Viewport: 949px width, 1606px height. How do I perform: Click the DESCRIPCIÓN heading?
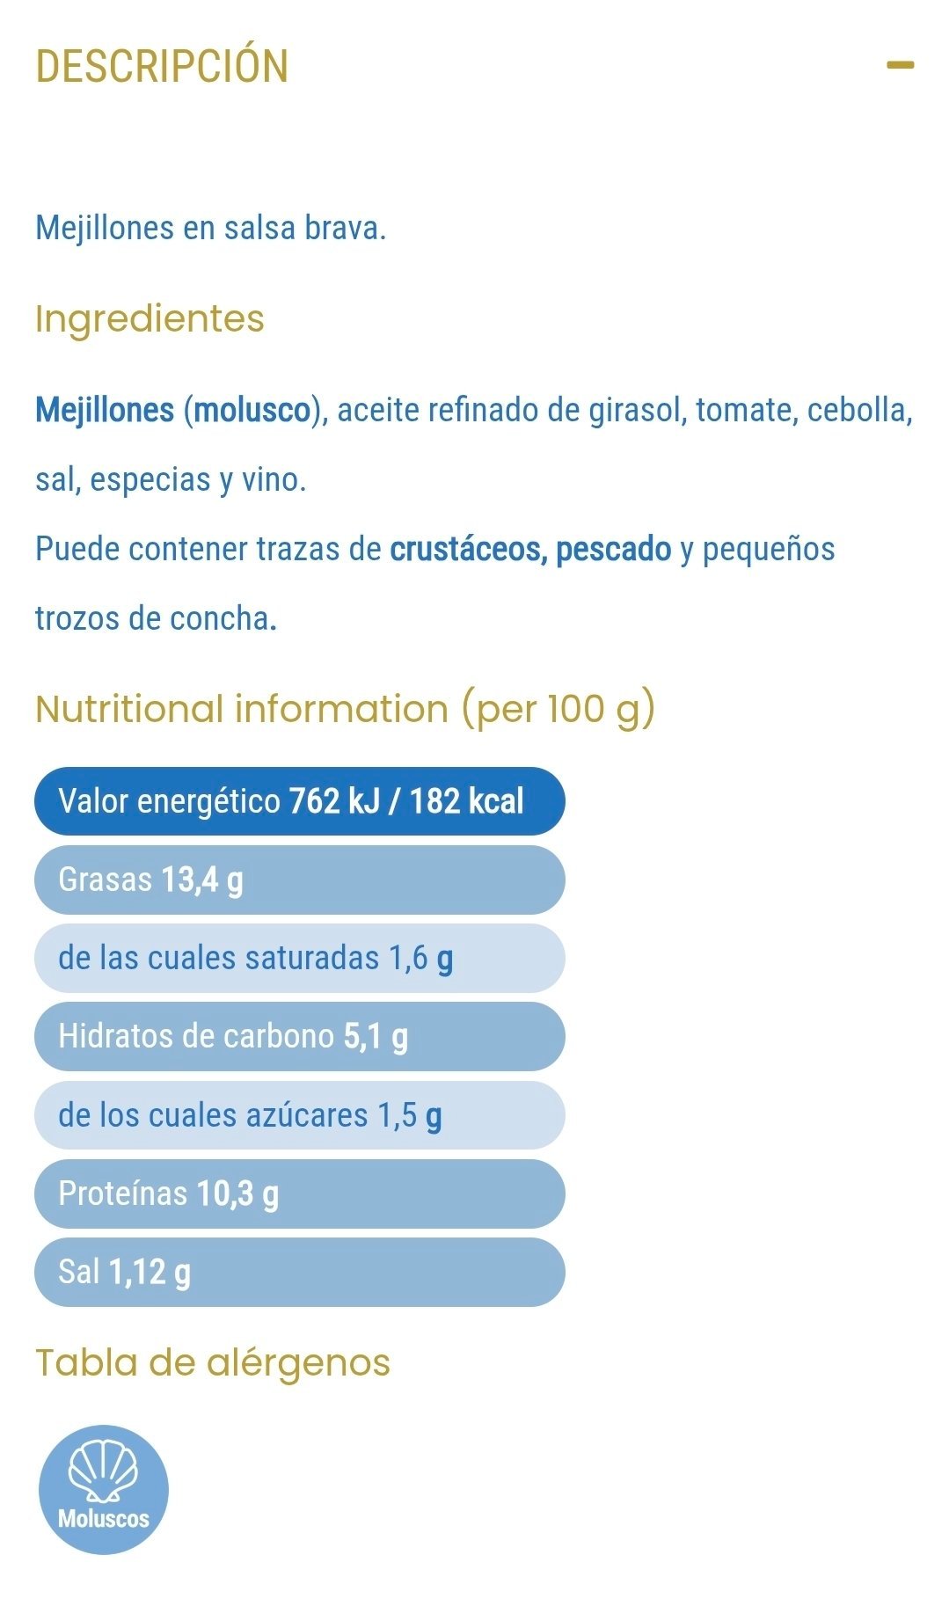(x=162, y=66)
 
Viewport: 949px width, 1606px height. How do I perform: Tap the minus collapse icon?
(x=900, y=65)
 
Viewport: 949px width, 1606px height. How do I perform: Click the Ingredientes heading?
(x=150, y=318)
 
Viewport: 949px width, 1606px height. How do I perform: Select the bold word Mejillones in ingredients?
(x=105, y=410)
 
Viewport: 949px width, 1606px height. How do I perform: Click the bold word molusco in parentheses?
(x=252, y=410)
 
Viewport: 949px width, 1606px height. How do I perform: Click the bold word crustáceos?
(x=468, y=549)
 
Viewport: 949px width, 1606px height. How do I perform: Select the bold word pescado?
(x=613, y=549)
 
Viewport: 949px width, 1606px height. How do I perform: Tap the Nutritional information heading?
(x=345, y=709)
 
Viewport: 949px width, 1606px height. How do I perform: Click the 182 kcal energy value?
(x=466, y=801)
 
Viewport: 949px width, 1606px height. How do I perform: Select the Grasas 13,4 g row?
(x=299, y=880)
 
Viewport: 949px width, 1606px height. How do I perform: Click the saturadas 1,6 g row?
(x=299, y=958)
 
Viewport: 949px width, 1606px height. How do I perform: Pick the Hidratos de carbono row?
(x=299, y=1036)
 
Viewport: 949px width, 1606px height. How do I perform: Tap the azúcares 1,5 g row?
(x=299, y=1115)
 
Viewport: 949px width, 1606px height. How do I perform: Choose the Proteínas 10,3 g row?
(x=299, y=1194)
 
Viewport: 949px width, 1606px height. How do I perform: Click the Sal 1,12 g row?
(x=299, y=1272)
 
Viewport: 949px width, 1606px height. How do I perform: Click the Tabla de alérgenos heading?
(x=213, y=1362)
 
